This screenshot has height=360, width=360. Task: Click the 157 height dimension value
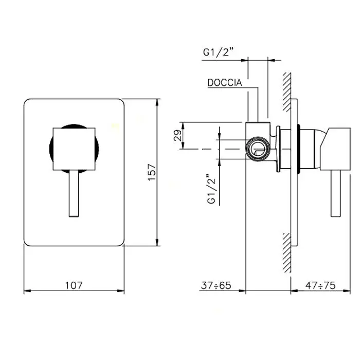click(152, 172)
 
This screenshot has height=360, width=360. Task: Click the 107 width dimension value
click(74, 285)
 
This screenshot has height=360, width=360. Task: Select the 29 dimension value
click(177, 135)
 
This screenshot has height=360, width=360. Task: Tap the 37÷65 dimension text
click(216, 285)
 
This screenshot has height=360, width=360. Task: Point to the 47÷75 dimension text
click(320, 285)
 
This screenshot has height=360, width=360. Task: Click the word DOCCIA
click(225, 83)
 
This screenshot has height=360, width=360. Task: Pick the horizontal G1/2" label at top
click(219, 52)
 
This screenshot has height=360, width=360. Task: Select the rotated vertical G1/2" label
click(211, 189)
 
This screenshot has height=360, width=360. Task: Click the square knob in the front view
click(74, 149)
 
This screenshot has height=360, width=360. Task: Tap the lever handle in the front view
click(74, 193)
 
